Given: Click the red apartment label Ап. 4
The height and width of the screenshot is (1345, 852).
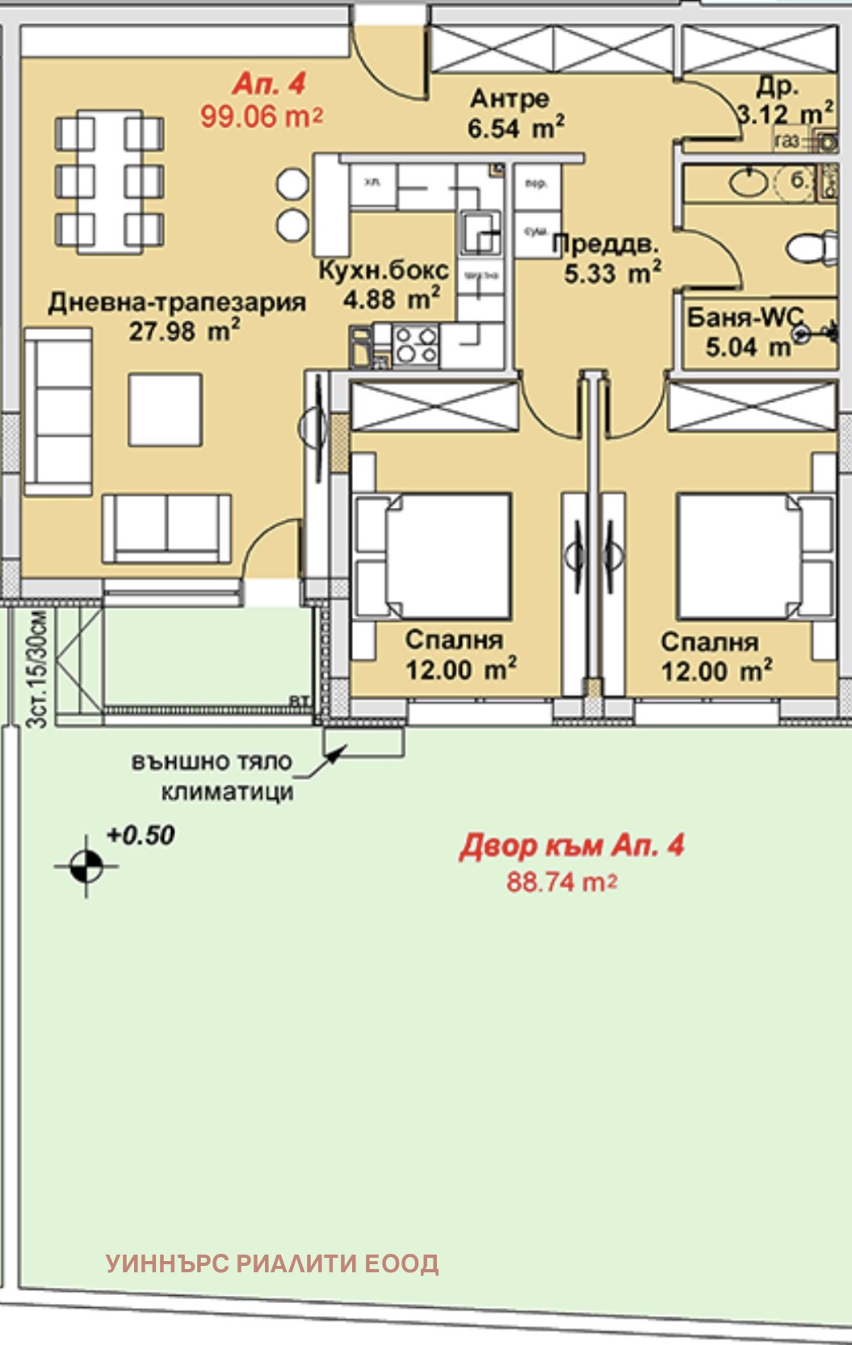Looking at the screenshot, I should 269,84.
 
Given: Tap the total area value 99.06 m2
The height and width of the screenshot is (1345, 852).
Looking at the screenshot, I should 261,116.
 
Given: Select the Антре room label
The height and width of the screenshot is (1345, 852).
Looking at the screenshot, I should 510,98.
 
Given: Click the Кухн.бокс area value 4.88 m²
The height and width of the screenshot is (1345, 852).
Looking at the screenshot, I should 392,300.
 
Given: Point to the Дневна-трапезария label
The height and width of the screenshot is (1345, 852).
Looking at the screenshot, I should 177,302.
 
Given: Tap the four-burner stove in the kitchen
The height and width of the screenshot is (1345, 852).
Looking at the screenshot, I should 416,345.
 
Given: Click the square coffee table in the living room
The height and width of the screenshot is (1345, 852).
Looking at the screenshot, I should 166,409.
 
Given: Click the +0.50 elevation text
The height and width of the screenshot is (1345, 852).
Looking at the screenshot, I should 141,835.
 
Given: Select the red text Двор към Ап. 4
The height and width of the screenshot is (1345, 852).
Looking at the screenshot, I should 572,845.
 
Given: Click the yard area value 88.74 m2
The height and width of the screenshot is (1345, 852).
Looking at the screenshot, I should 561,882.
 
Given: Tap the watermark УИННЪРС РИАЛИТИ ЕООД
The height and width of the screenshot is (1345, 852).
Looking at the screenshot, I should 272,1263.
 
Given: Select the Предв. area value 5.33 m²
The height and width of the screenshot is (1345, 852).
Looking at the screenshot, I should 612,273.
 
